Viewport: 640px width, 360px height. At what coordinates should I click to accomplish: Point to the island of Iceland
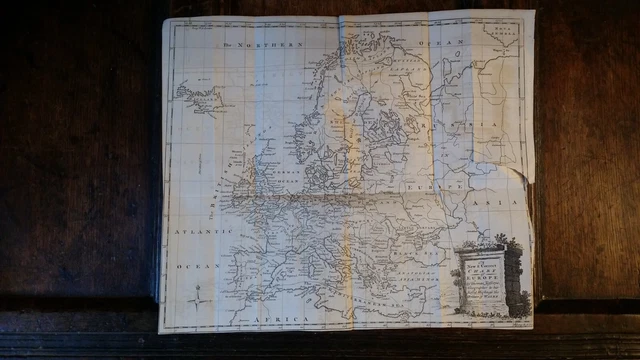click(x=198, y=98)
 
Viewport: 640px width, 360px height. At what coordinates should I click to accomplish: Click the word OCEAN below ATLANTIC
click(x=191, y=267)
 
